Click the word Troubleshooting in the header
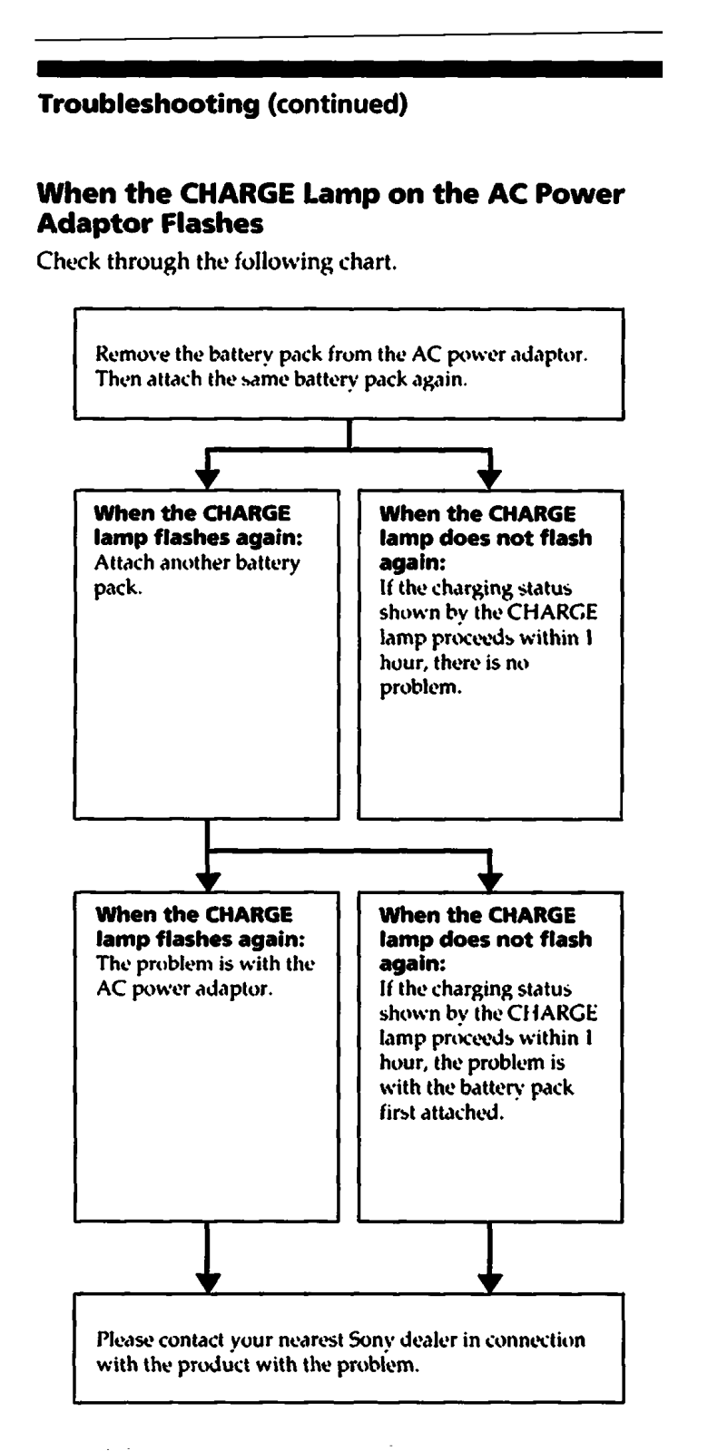pos(149,104)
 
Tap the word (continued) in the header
pos(338,103)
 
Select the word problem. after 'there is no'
pos(421,688)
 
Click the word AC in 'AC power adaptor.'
pos(111,988)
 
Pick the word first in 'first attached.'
pos(397,1112)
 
